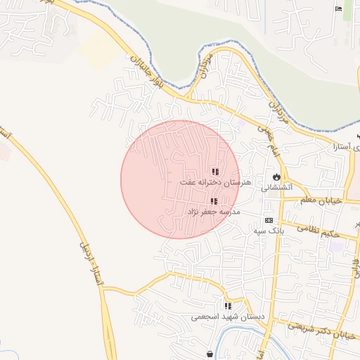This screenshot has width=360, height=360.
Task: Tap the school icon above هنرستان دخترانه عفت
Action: pos(215,172)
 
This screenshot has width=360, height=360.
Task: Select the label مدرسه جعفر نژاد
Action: pos(213,211)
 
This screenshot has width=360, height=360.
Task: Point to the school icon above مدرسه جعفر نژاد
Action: pos(214,201)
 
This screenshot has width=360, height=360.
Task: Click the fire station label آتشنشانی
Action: pos(275,188)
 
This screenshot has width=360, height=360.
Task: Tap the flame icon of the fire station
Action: pos(276,177)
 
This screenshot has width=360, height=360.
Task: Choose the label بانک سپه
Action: pos(270,230)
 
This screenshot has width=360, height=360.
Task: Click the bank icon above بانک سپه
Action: pos(268,220)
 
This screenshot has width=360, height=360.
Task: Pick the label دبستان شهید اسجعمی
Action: pos(228,316)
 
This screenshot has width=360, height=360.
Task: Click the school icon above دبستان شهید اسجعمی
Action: pos(228,306)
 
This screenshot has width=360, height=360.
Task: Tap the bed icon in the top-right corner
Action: pos(339,8)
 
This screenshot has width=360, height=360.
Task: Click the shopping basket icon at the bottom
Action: pos(210,354)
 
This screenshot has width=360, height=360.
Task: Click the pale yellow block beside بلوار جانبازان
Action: pos(99,49)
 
